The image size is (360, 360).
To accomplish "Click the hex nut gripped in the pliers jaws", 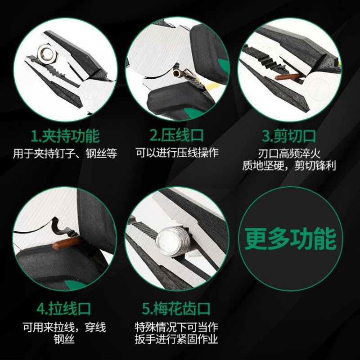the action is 46,54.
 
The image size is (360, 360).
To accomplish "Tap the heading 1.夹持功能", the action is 65,136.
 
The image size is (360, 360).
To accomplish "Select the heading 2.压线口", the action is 177,135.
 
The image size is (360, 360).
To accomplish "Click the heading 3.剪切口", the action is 289,136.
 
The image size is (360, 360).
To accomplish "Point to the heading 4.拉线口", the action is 64,309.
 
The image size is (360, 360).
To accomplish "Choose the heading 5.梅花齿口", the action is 176,309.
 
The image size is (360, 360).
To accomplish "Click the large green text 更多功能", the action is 290,239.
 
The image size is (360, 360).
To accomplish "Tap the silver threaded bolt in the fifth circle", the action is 173,243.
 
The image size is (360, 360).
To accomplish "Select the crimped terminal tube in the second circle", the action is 180,73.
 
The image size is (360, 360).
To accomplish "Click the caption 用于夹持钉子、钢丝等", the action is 65,153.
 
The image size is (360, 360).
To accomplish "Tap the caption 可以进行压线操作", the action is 177,153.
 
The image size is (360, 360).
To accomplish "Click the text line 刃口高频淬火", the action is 289,153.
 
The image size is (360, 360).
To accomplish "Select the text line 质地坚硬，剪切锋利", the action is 289,166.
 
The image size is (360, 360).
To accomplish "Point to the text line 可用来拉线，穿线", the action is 64,327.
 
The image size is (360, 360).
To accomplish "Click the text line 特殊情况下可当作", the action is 176,327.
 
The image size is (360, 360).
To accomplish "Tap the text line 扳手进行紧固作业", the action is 176,339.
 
